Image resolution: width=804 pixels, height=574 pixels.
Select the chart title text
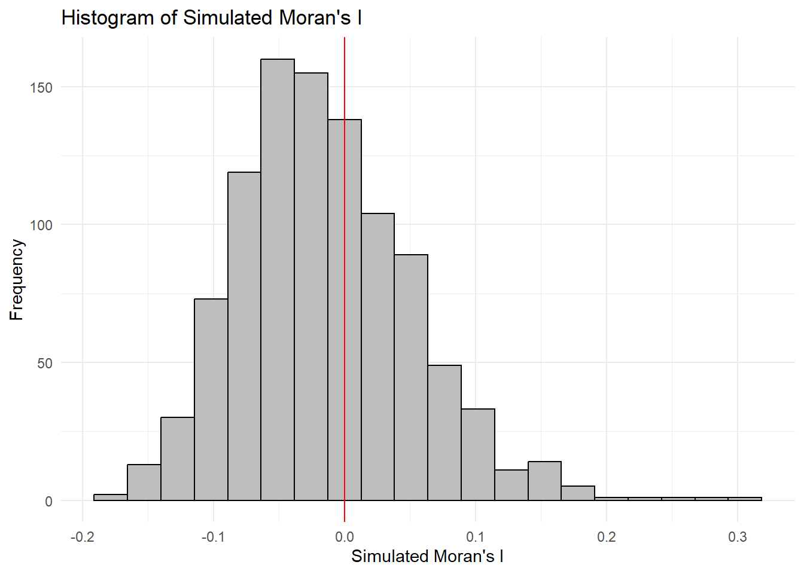(211, 18)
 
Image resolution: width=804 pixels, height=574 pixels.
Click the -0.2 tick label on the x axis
(82, 537)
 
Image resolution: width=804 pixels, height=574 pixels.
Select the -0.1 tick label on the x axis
(213, 537)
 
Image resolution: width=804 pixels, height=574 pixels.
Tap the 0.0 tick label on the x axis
(345, 537)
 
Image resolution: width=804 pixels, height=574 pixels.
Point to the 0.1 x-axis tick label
(476, 537)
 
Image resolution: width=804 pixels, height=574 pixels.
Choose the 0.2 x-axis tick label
(607, 537)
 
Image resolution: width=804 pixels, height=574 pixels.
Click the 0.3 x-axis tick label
(738, 537)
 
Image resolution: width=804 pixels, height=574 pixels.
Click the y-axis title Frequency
(17, 280)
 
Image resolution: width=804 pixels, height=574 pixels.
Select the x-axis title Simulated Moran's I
(427, 557)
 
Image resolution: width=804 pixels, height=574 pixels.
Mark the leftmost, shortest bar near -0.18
(111, 497)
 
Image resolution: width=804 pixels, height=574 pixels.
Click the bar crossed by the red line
(353, 311)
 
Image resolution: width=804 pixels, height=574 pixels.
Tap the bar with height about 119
(244, 335)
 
